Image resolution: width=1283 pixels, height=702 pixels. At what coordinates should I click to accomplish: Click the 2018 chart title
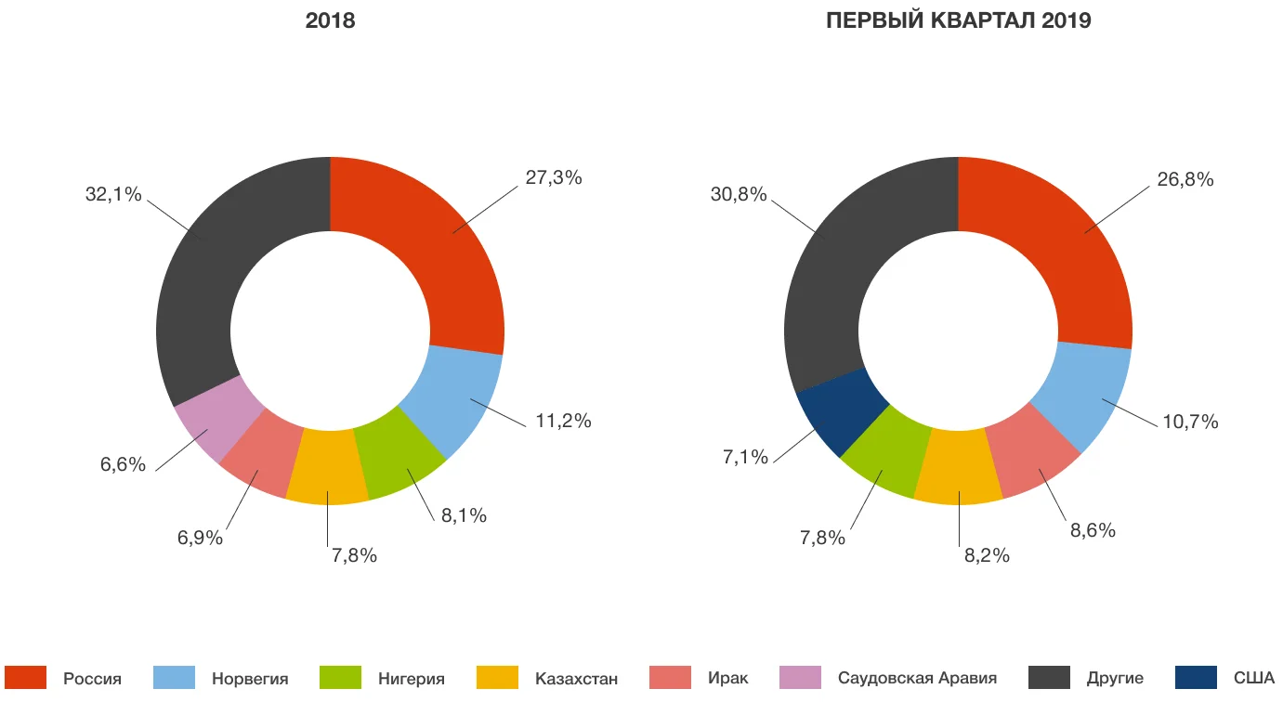point(330,21)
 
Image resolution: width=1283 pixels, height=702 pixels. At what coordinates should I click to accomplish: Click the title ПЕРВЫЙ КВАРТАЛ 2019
point(958,21)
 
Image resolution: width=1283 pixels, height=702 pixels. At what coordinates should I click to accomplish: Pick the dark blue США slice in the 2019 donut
point(832,409)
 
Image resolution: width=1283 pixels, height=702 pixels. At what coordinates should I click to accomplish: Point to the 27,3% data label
point(554,177)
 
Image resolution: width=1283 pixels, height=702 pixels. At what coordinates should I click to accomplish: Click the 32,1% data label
point(113,195)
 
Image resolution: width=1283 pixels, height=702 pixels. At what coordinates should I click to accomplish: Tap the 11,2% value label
point(563,421)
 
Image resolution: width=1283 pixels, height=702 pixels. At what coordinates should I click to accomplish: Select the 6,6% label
point(124,464)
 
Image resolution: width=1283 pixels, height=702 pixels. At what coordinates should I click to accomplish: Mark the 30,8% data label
point(739,195)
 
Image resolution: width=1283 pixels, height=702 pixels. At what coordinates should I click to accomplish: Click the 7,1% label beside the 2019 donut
point(745,457)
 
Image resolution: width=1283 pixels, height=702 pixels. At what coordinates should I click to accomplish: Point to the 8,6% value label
point(1093,530)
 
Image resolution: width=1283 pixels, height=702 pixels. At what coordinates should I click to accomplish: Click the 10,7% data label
point(1190,422)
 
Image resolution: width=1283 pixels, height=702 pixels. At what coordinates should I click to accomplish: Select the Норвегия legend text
point(250,679)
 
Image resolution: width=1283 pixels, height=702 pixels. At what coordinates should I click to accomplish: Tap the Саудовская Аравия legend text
point(917,679)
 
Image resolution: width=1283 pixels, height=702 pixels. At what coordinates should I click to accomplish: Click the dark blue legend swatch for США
point(1196,678)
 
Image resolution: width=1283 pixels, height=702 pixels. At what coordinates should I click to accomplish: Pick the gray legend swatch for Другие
point(1049,678)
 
